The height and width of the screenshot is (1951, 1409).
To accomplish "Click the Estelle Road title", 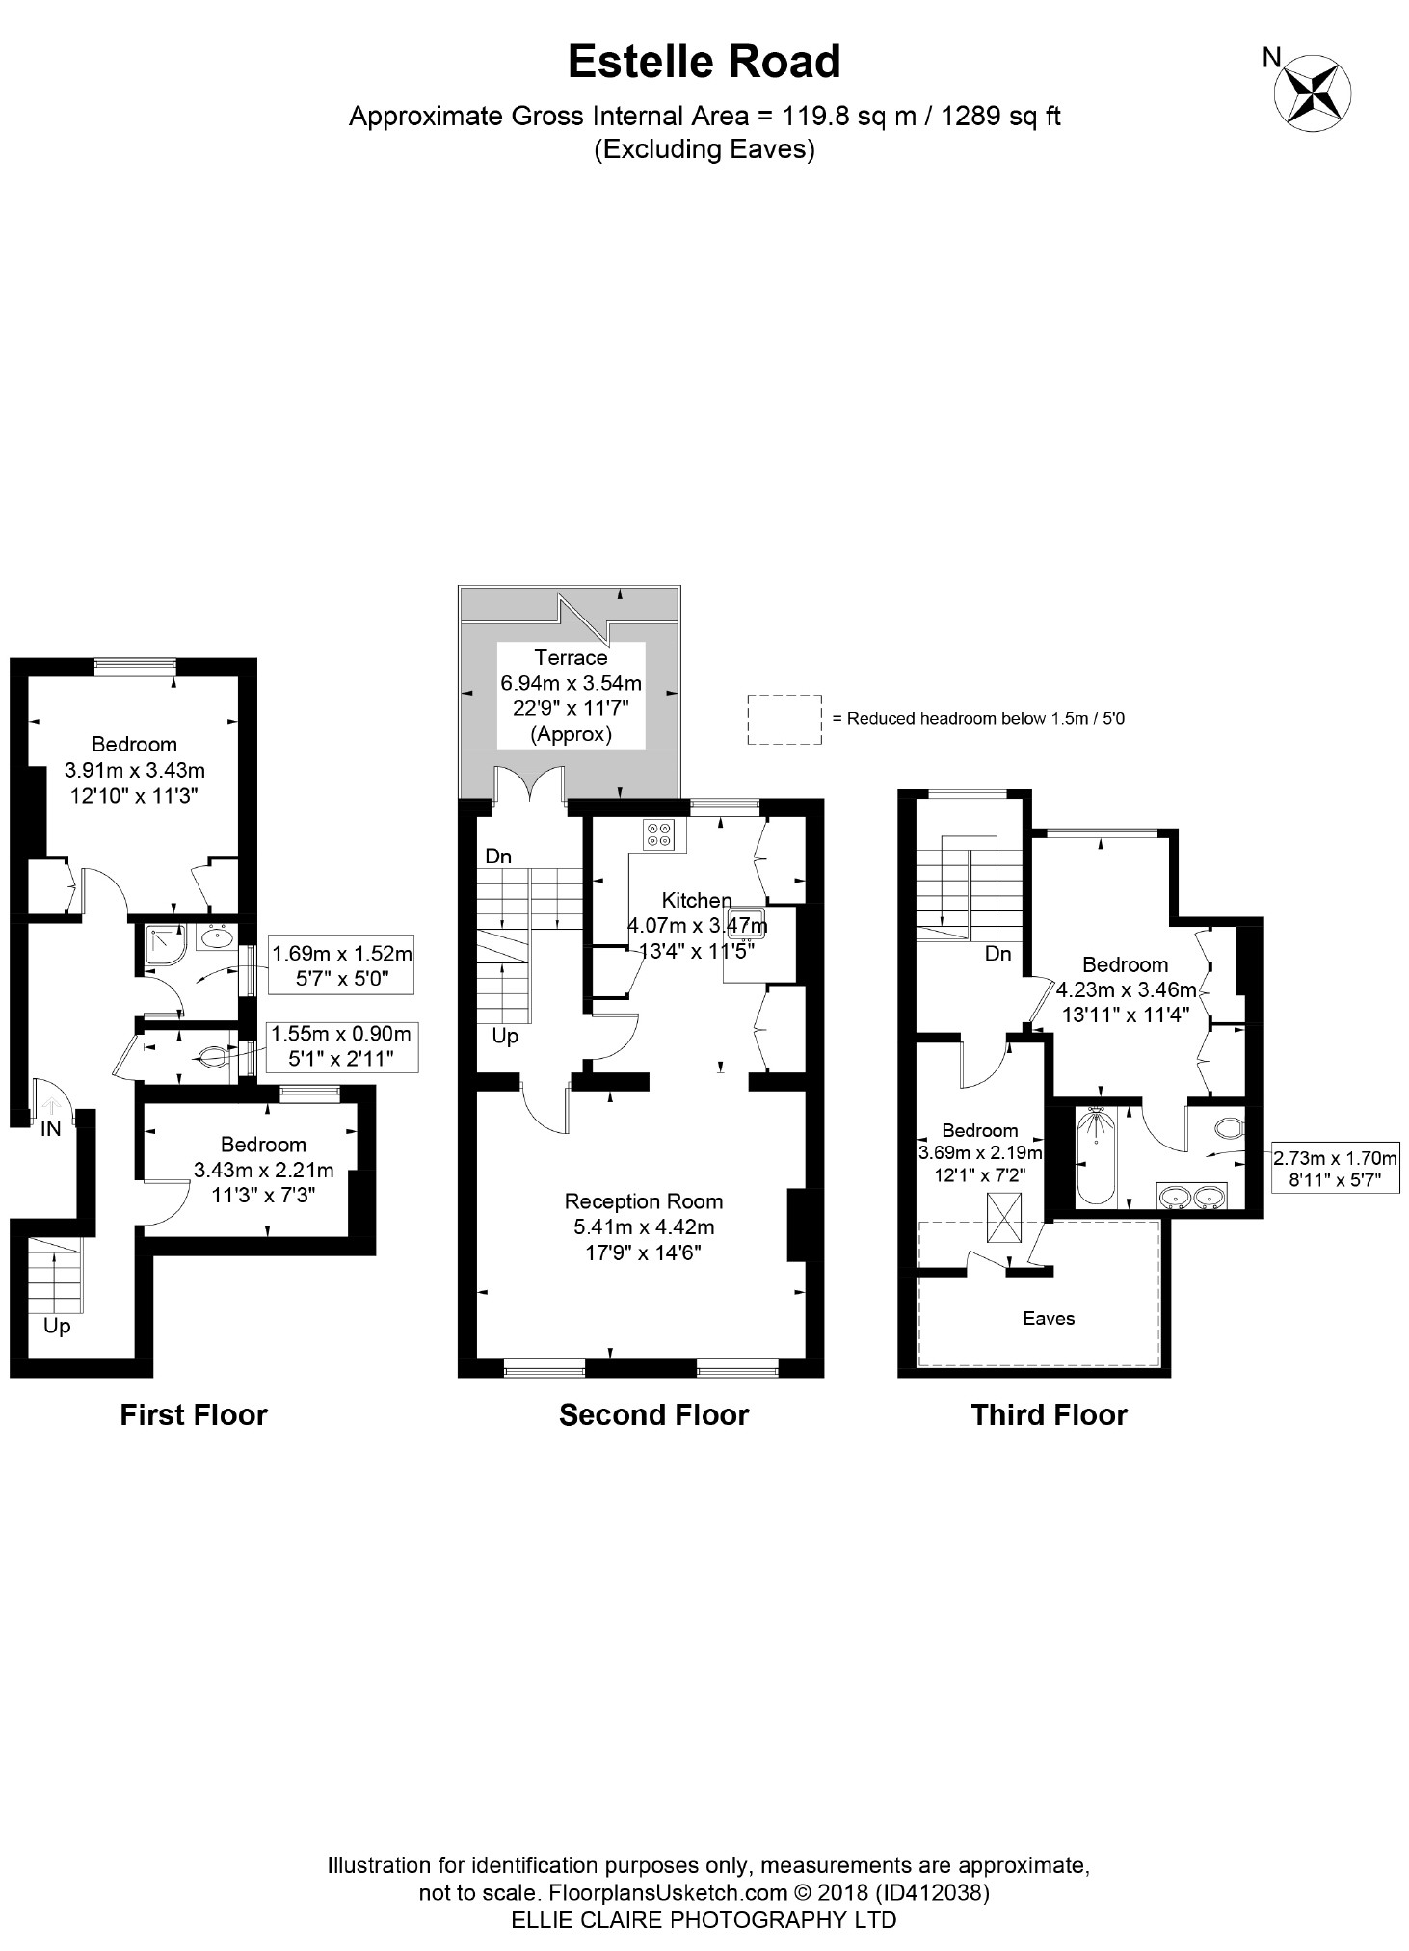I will (704, 62).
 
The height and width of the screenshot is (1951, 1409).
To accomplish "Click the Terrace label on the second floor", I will (571, 657).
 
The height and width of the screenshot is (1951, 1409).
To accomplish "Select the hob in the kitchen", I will (660, 833).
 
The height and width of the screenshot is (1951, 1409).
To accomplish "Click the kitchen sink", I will (747, 922).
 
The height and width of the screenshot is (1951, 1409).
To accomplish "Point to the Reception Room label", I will (643, 1201).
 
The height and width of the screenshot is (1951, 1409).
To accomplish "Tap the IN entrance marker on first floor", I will (50, 1127).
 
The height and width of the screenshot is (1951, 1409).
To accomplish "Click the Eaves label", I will (1049, 1318).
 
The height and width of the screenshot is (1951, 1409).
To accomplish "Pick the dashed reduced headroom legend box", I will (784, 719).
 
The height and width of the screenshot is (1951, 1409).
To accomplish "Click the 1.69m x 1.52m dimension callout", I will (341, 964).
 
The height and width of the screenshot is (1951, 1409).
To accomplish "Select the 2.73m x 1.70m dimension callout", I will (1335, 1168).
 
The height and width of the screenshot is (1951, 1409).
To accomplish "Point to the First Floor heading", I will (193, 1414).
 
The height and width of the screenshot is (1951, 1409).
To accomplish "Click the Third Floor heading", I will (1049, 1414).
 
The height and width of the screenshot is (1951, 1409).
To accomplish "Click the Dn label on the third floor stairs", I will (997, 953).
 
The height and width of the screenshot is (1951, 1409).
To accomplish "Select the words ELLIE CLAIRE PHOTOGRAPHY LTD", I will (704, 1919).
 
